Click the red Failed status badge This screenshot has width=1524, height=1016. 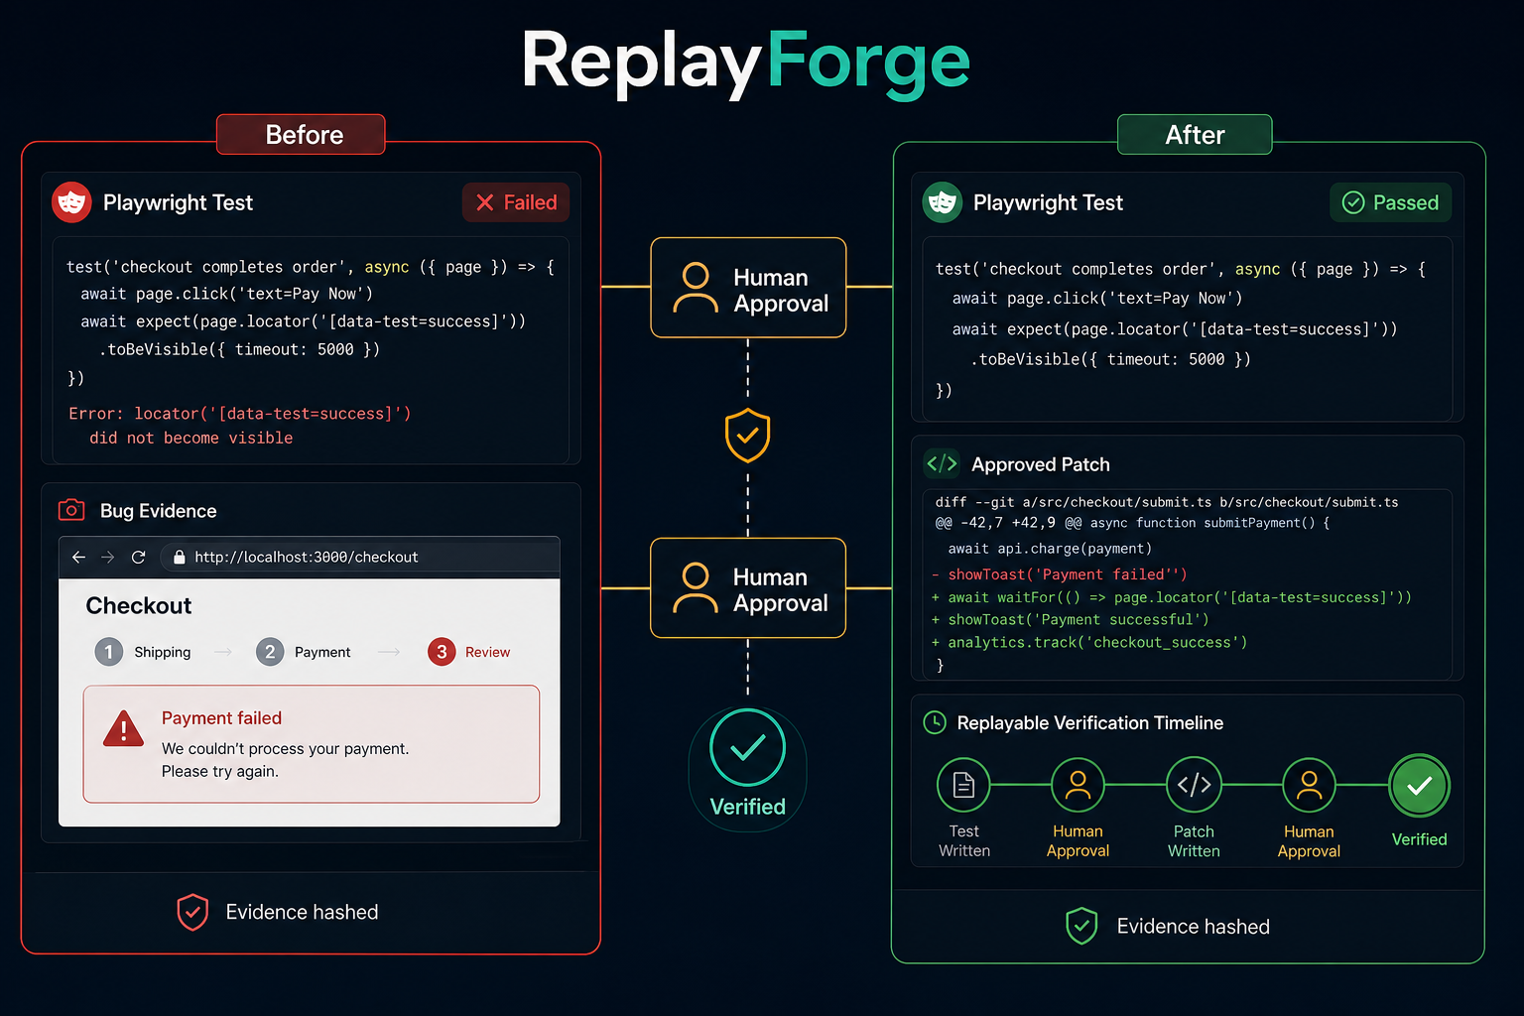point(516,202)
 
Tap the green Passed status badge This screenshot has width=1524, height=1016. point(1390,202)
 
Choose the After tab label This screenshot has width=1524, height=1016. point(1195,135)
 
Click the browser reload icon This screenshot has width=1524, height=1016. point(138,558)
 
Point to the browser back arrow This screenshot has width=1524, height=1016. point(79,558)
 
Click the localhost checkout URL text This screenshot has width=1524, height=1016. point(307,558)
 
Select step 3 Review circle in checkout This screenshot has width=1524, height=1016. point(442,652)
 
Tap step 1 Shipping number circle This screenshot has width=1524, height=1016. point(109,652)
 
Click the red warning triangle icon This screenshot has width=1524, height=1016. point(123,730)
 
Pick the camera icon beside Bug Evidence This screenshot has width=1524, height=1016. point(71,510)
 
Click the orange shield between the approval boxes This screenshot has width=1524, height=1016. point(748,436)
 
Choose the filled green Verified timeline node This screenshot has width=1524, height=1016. point(1419,785)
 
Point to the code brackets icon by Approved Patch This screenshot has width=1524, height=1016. point(943,464)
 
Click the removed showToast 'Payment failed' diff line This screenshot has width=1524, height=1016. point(1060,574)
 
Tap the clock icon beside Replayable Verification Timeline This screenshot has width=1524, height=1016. point(935,722)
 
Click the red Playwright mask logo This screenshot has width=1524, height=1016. point(71,202)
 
